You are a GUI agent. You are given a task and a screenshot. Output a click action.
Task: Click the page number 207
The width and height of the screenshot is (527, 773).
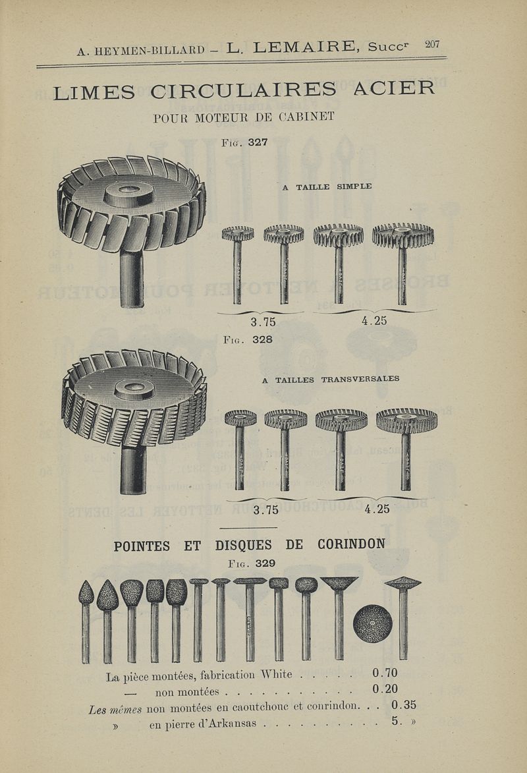(432, 44)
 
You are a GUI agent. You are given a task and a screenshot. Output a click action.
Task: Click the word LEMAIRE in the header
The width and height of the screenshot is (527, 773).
(303, 47)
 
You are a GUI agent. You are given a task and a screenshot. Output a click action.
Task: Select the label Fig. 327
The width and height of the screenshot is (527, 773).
(244, 142)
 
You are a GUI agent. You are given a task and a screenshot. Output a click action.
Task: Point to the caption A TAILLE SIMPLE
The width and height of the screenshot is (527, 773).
(327, 187)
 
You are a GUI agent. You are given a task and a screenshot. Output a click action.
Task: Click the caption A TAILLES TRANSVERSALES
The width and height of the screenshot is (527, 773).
(330, 380)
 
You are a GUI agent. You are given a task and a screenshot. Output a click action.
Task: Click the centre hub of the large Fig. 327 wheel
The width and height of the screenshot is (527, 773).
(128, 194)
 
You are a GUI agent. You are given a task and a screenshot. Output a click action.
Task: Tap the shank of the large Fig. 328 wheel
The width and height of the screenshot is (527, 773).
(133, 470)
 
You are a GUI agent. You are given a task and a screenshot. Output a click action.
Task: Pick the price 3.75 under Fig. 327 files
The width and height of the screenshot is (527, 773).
(263, 322)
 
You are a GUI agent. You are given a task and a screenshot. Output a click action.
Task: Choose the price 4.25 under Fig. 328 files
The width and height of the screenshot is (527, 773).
(377, 509)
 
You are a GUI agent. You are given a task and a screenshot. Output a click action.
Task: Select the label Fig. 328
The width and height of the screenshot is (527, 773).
(248, 339)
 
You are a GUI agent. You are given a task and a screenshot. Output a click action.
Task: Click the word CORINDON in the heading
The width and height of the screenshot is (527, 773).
(352, 544)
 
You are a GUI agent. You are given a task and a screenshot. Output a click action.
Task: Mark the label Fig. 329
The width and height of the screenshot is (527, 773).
(252, 563)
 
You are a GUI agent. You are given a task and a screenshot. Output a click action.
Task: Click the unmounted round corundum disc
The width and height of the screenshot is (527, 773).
(373, 623)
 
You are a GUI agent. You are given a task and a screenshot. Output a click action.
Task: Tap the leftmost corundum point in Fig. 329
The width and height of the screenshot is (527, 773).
(86, 621)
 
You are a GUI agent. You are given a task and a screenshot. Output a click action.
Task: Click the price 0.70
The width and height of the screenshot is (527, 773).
(385, 673)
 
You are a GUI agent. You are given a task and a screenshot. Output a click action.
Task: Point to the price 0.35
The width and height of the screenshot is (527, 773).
(404, 705)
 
